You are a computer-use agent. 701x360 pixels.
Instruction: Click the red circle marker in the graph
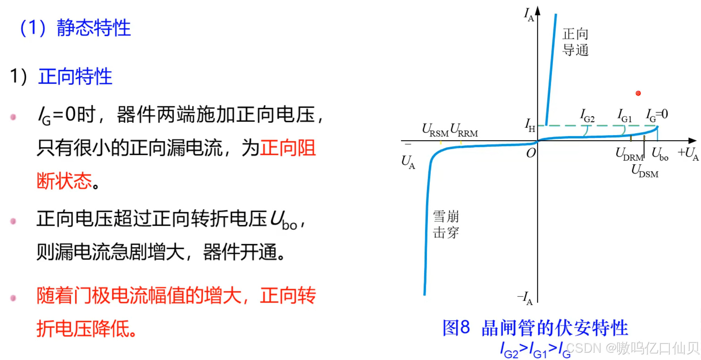[x=638, y=93]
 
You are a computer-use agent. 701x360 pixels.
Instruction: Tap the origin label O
[x=531, y=153]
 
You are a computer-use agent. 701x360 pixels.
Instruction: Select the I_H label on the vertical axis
[x=529, y=125]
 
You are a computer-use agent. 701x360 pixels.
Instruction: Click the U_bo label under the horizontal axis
[x=660, y=154]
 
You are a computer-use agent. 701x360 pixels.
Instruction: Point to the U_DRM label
[x=629, y=154]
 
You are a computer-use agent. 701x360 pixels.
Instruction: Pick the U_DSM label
[x=645, y=171]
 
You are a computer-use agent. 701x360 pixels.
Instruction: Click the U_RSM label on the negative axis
[x=435, y=130]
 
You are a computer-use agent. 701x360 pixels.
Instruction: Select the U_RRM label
[x=464, y=130]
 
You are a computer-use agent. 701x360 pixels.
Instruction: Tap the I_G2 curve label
[x=587, y=116]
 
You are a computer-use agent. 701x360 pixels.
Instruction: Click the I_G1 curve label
[x=624, y=116]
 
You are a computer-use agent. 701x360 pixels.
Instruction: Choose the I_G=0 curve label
[x=657, y=115]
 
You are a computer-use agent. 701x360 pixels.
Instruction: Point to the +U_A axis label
[x=688, y=153]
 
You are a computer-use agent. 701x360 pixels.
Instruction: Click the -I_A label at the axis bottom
[x=525, y=298]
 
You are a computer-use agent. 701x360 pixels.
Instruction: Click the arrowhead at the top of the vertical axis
[x=538, y=10]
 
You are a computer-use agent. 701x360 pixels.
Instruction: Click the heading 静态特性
[x=93, y=28]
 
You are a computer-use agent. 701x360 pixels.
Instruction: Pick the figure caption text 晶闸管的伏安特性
[x=554, y=328]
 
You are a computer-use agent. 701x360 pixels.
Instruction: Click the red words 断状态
[x=65, y=181]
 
